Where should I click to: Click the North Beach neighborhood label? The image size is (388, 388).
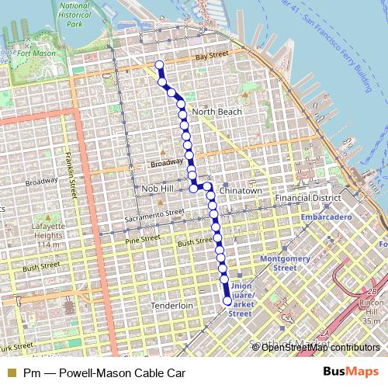point(217,112)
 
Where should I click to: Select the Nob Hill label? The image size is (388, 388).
point(158,189)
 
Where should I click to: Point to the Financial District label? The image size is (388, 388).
point(308,198)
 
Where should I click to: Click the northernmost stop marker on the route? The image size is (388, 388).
point(160,65)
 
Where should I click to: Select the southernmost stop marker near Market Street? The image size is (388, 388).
point(227,301)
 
